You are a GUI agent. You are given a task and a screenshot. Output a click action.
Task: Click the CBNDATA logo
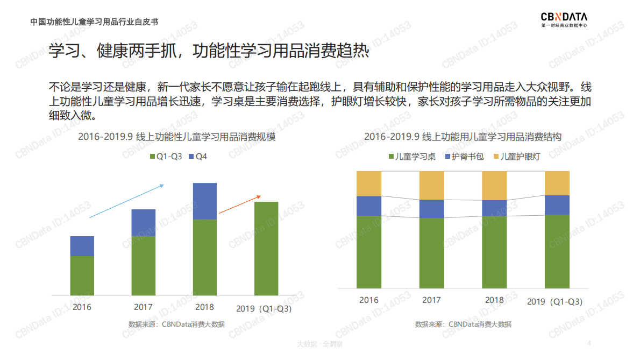coord(564,19)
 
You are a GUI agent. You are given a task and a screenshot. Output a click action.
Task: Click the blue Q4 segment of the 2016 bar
coord(82,246)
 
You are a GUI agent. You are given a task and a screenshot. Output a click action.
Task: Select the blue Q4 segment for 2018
coord(204,201)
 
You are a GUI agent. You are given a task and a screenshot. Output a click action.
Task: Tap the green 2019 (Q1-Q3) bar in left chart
coord(266,248)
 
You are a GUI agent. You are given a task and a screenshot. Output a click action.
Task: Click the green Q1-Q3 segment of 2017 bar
coord(143,265)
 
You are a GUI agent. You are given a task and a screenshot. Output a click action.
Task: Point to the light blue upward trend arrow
coord(126,201)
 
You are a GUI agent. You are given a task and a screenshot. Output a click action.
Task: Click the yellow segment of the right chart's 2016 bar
coord(369,183)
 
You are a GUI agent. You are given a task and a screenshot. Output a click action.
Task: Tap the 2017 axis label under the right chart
coord(431,300)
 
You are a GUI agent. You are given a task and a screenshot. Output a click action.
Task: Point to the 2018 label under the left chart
coord(205,307)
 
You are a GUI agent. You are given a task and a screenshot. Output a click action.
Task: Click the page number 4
coord(589,343)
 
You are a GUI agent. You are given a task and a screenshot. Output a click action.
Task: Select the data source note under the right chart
coord(463,324)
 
